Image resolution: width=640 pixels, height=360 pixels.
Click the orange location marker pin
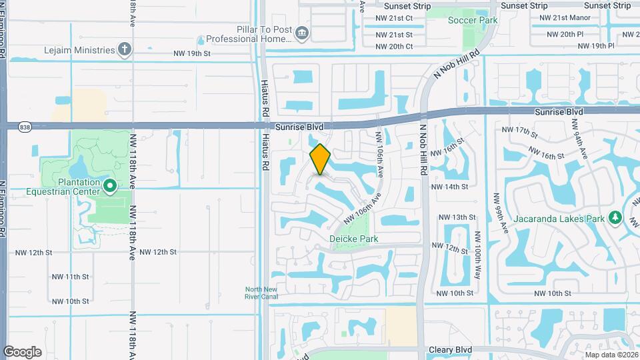point(321,159)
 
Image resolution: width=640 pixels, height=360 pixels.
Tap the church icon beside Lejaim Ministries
point(124,49)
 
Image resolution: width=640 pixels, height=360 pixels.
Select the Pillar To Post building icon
point(302,33)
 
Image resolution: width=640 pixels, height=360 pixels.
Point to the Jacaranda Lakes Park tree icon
point(616,218)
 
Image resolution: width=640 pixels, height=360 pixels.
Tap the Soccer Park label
point(473,21)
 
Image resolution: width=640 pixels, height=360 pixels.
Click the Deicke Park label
point(354,239)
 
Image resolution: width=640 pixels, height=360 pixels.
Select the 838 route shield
point(25,127)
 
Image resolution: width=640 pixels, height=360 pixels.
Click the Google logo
point(22,351)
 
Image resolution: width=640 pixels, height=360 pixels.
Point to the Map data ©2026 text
point(611,354)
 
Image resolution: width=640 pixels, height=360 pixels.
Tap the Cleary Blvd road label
point(450,349)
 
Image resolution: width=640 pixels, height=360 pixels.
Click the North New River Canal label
point(261,293)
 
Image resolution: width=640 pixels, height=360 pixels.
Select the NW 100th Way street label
point(477,255)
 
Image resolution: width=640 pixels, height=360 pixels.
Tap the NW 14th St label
point(449,187)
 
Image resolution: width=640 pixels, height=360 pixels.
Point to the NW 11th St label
point(71,277)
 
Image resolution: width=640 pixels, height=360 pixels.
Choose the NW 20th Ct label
point(394,47)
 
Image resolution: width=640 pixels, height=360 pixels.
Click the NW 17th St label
point(519,131)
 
